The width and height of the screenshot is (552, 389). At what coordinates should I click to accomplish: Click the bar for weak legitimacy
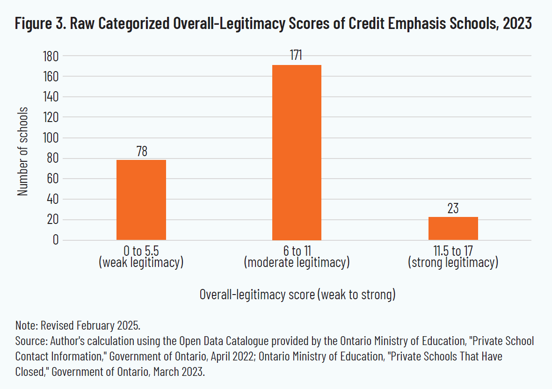[x=141, y=200]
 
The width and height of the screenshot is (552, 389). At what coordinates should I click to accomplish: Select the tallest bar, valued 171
[x=297, y=152]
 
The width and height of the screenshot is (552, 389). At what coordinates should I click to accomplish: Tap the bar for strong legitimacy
[x=453, y=228]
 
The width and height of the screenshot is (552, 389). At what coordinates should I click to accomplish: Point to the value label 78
[x=141, y=151]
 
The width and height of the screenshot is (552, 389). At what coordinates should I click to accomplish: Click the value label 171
[x=297, y=56]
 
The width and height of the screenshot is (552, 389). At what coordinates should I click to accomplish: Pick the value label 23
[x=453, y=208]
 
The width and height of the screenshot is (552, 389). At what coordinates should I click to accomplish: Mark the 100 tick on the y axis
[x=49, y=138]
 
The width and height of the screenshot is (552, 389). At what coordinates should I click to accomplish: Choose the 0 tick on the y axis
[x=54, y=240]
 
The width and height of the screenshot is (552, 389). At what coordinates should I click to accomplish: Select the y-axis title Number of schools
[x=22, y=151]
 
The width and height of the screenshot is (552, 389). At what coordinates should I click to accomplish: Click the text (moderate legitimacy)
[x=297, y=263]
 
